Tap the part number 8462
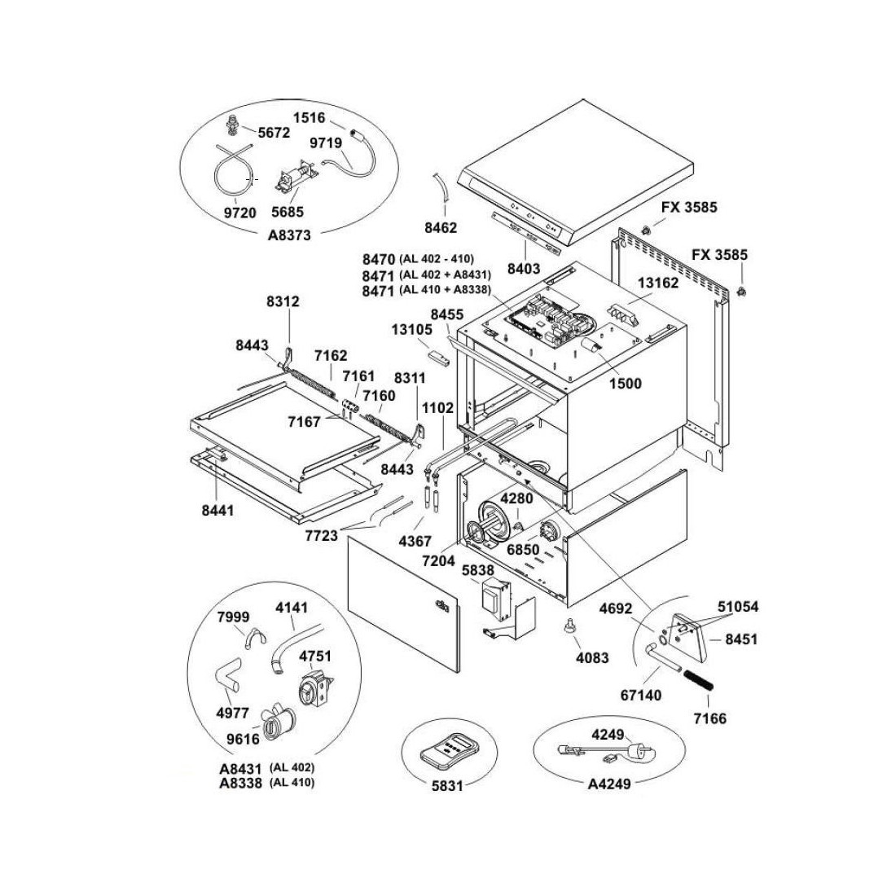click(440, 227)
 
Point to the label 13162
click(658, 283)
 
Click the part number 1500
click(624, 383)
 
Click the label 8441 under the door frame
click(217, 511)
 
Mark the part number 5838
click(478, 571)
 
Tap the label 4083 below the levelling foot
click(591, 657)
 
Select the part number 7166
click(709, 718)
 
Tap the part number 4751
click(316, 656)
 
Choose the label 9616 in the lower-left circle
click(243, 739)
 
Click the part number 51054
click(738, 606)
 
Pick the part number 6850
click(523, 549)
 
